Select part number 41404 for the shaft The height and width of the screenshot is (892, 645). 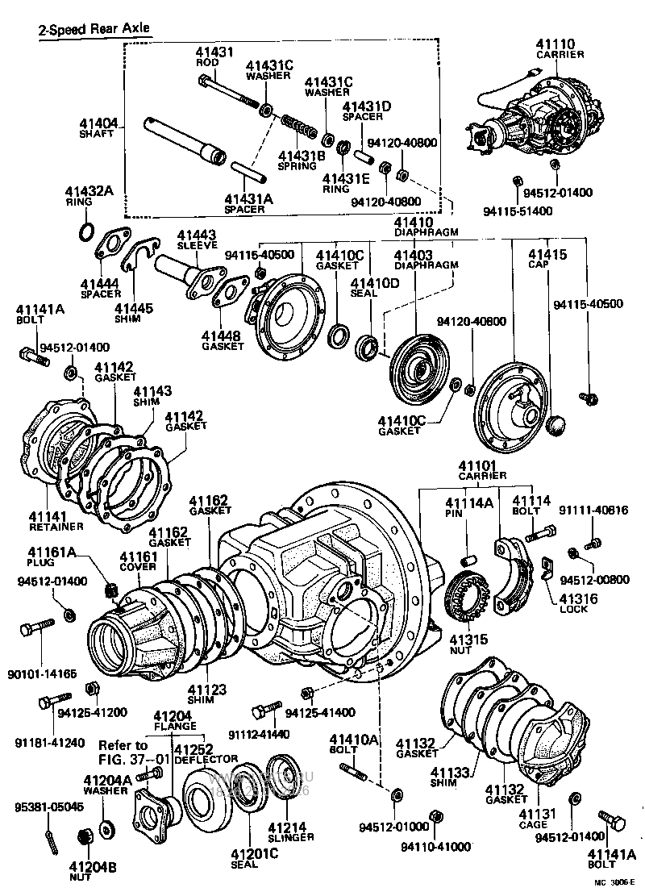(x=98, y=123)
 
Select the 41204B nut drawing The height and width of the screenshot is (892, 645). (x=81, y=838)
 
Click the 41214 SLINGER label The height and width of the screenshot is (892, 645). (x=285, y=832)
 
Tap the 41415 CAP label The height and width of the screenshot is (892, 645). (x=548, y=259)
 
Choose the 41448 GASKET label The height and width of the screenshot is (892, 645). (x=223, y=340)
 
